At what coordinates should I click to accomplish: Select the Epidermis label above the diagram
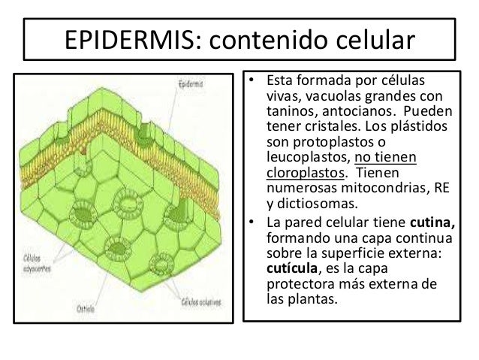[188, 85]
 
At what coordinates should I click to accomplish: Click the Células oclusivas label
[201, 303]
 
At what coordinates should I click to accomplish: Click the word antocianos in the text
[364, 110]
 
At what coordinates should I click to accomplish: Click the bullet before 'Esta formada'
[254, 79]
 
